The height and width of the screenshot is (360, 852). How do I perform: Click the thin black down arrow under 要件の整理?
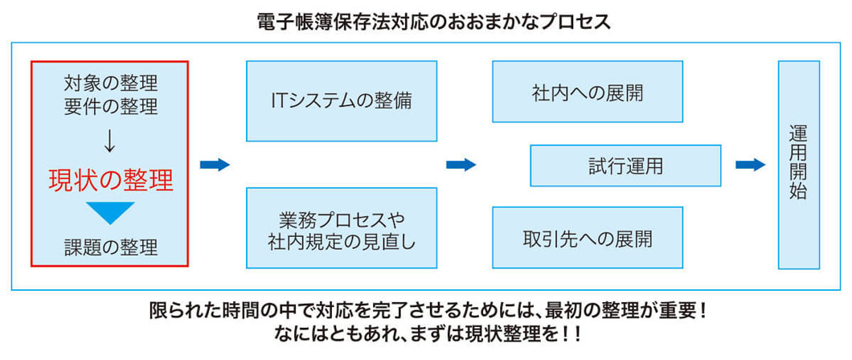click(110, 141)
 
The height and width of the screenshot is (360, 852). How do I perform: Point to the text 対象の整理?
click(111, 83)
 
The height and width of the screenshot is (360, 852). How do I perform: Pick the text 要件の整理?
click(111, 105)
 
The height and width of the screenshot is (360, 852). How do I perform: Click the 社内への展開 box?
click(587, 91)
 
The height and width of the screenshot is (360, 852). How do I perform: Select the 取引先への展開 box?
click(587, 238)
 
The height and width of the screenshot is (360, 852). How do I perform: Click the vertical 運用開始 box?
click(798, 165)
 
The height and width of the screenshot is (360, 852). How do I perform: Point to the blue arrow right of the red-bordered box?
click(215, 165)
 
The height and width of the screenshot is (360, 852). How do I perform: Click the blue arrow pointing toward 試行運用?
click(461, 165)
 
